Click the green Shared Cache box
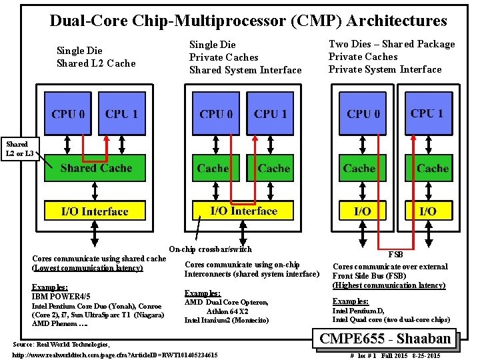tap(94, 168)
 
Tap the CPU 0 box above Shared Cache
tap(67, 113)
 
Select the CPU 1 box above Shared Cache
tap(121, 113)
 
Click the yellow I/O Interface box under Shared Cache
tap(94, 211)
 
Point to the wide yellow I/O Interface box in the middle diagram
tap(243, 211)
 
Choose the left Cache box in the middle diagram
tap(213, 168)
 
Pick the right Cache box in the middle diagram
tap(273, 168)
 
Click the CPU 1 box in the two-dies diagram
tap(427, 113)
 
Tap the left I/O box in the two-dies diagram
tap(363, 211)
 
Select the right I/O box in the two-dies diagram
tap(427, 211)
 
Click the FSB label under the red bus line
tap(396, 254)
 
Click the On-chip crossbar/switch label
tap(211, 249)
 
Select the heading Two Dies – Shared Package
tap(392, 44)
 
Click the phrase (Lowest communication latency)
tap(87, 268)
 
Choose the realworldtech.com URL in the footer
tap(115, 355)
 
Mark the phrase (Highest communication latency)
tap(389, 285)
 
